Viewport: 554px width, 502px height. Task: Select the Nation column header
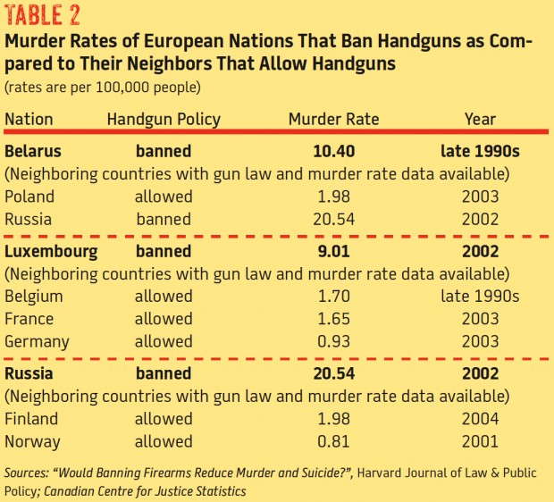point(29,119)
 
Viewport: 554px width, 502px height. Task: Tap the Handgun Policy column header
point(163,119)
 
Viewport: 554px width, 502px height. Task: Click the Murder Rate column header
point(333,119)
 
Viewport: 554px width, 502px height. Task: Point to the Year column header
point(479,119)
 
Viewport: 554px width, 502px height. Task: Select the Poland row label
point(29,197)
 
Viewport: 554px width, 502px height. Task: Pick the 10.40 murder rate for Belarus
point(333,151)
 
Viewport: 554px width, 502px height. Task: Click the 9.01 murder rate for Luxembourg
point(333,252)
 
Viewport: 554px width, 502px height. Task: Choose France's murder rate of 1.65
point(333,319)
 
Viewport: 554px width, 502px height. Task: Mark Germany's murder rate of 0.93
point(333,341)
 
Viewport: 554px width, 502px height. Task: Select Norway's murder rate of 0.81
point(333,440)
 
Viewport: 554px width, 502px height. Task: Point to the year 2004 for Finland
point(479,418)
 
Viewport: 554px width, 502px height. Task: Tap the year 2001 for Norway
point(479,440)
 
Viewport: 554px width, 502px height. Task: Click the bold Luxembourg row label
point(50,252)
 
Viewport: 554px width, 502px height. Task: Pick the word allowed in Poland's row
point(163,197)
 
